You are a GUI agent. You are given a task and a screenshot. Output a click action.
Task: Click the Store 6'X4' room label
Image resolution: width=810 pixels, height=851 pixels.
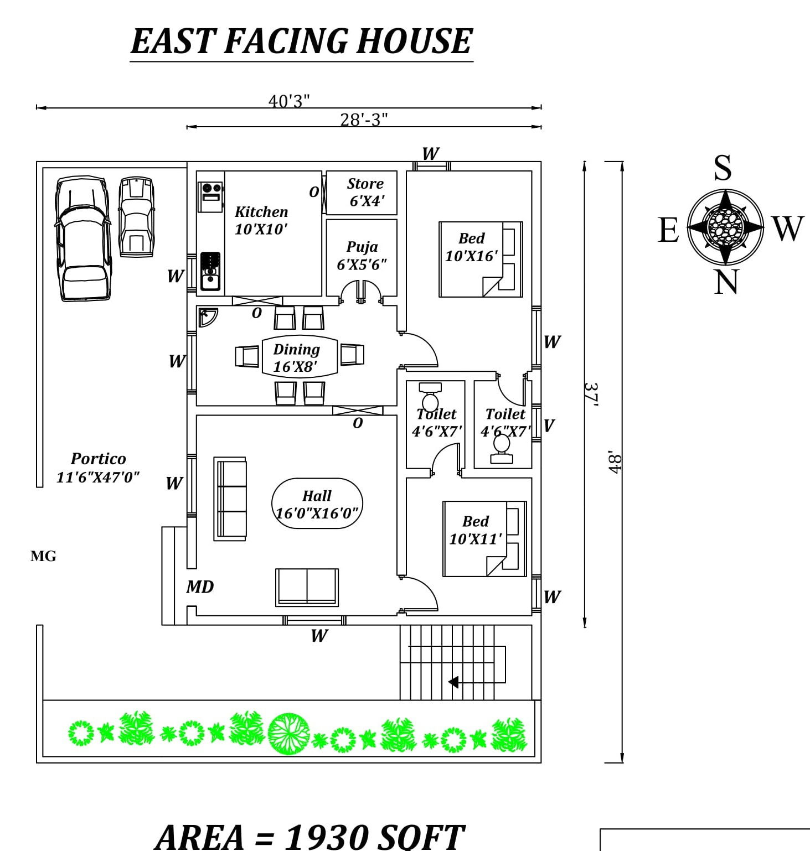(365, 192)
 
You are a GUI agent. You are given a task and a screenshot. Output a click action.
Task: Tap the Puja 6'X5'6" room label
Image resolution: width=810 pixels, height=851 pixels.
(362, 256)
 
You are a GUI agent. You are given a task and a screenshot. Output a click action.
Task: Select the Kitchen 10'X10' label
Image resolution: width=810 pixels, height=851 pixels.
(261, 220)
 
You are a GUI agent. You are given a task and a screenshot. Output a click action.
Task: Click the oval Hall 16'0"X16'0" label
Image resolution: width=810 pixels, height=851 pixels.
(317, 504)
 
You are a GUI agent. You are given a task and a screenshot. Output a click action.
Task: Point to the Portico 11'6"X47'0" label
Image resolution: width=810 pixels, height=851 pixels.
(98, 468)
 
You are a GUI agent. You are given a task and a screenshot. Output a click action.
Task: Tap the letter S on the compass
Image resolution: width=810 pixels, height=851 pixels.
(723, 168)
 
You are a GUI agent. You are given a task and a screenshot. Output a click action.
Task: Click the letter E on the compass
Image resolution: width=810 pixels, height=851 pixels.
(668, 230)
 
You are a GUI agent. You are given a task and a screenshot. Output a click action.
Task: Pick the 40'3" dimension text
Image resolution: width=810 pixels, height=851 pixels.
(289, 101)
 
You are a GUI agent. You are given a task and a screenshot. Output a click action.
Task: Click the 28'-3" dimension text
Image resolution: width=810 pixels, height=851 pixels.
(364, 120)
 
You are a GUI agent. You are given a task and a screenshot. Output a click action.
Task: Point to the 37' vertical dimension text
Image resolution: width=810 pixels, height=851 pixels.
(592, 395)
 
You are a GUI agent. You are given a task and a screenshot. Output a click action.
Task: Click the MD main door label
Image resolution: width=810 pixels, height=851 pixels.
(200, 587)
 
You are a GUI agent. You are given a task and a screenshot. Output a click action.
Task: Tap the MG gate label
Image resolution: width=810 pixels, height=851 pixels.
(43, 557)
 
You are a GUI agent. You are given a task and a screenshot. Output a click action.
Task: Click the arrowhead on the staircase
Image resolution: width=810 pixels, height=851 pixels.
(453, 682)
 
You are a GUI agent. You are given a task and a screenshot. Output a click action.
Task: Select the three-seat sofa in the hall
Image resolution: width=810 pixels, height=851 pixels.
(230, 499)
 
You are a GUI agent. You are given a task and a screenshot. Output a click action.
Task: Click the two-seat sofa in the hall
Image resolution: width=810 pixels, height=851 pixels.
(307, 587)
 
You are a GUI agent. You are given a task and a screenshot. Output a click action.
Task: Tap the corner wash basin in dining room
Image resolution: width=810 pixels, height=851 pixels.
(207, 316)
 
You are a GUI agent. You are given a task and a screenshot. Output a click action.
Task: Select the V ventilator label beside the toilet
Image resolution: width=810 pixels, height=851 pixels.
(549, 425)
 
